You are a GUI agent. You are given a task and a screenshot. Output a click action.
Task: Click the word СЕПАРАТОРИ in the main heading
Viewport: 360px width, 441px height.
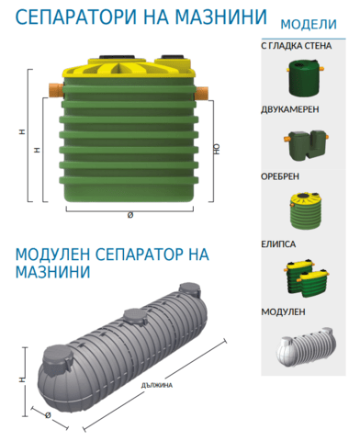(x=76, y=17)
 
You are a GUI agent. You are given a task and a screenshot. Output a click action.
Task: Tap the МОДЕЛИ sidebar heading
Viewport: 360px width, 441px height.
(x=309, y=25)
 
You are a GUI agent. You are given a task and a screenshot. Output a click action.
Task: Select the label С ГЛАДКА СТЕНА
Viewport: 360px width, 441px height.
(x=297, y=46)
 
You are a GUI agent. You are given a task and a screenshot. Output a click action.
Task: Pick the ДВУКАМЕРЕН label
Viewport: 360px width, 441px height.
(x=290, y=109)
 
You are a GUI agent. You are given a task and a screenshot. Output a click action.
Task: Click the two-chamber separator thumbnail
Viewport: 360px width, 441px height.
(x=306, y=145)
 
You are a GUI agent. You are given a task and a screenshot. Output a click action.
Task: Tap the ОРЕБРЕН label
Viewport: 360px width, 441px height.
(x=280, y=176)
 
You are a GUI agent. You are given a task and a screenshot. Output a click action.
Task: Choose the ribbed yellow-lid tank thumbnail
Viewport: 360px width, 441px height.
(x=305, y=210)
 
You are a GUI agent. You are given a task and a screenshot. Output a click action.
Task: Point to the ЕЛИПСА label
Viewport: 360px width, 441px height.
(x=278, y=244)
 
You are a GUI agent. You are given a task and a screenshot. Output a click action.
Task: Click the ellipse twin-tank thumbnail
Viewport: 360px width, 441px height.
(x=306, y=278)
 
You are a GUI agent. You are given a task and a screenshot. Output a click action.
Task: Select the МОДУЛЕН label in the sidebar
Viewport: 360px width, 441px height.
(x=283, y=311)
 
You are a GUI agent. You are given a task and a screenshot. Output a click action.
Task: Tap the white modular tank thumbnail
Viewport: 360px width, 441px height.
(x=306, y=347)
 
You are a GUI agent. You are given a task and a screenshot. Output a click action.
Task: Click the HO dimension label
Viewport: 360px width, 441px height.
(x=217, y=149)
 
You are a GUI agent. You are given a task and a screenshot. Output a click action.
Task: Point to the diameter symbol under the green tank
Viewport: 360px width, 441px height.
(x=130, y=215)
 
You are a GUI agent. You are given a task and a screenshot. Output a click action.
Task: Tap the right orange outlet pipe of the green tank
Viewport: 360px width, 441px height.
(x=202, y=94)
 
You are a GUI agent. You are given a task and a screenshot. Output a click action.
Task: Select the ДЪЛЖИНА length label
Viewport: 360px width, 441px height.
(x=157, y=385)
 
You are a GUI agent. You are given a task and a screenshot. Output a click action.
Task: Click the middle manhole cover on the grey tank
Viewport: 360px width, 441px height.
(x=135, y=318)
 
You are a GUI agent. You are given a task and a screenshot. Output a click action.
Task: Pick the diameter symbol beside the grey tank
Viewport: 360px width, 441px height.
(x=48, y=415)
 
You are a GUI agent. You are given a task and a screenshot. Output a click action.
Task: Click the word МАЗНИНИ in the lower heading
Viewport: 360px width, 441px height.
(x=53, y=272)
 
